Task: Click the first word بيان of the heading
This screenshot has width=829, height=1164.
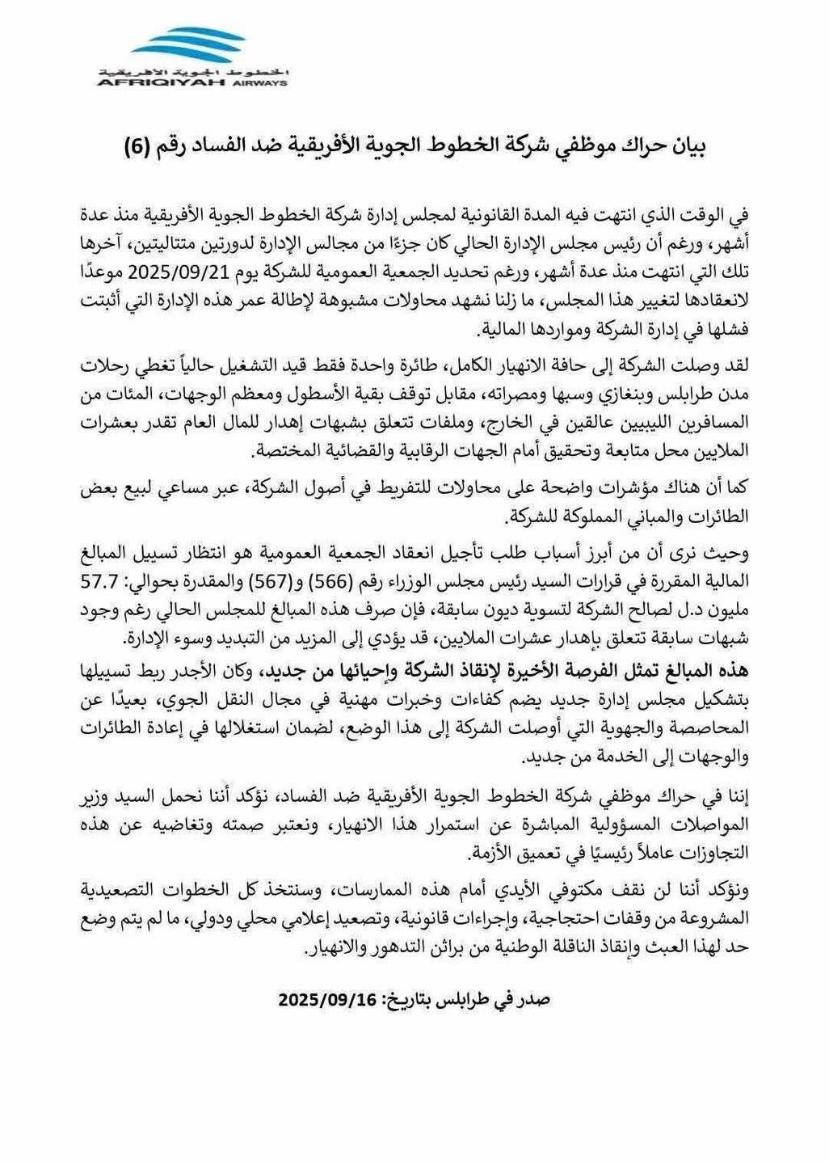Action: coord(684,148)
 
